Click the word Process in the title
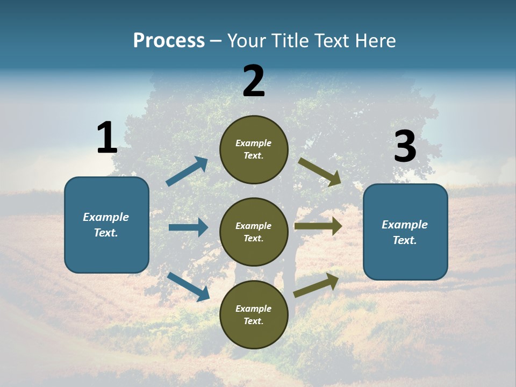169,41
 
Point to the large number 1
107,138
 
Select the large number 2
254,81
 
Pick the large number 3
405,147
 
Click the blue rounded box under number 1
106,225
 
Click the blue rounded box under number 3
405,232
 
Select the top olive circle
254,149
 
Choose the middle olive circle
254,232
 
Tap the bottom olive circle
254,314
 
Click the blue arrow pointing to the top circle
187,171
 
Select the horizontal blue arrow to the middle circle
188,227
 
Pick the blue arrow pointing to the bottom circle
189,286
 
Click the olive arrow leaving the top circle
320,171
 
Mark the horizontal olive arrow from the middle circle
318,226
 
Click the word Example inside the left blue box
106,217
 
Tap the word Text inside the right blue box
405,240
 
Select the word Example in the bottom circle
254,309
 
